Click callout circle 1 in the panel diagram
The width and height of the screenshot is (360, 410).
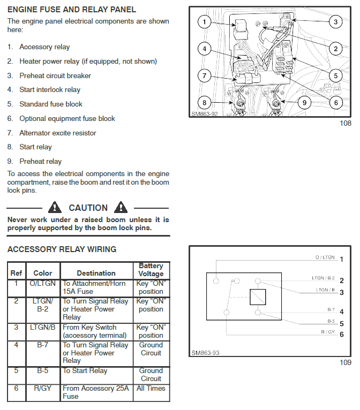(x=204, y=22)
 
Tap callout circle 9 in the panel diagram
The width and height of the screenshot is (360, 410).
(x=304, y=103)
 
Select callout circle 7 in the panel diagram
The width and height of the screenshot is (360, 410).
(x=204, y=76)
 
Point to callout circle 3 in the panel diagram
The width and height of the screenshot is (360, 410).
(x=336, y=22)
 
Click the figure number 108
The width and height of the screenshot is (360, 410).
(x=346, y=123)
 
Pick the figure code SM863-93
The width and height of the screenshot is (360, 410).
(x=205, y=353)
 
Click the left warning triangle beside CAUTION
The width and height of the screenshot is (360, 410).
(x=55, y=207)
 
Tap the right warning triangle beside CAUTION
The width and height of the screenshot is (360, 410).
(x=121, y=207)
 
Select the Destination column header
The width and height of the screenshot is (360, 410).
(x=96, y=273)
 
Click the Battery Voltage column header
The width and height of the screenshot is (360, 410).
(x=151, y=270)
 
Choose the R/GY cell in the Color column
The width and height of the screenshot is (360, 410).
(x=43, y=388)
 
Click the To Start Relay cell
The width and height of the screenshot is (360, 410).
(x=85, y=371)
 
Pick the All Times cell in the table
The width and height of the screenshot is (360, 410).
(x=151, y=388)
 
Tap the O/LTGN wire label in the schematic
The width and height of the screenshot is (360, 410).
(x=325, y=257)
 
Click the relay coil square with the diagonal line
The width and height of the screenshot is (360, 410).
(x=258, y=297)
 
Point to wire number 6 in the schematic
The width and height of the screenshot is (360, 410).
(x=342, y=335)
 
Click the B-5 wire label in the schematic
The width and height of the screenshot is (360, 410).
(x=331, y=321)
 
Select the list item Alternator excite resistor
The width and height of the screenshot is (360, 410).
(x=58, y=133)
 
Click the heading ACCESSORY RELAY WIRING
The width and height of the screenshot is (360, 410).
(x=62, y=249)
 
